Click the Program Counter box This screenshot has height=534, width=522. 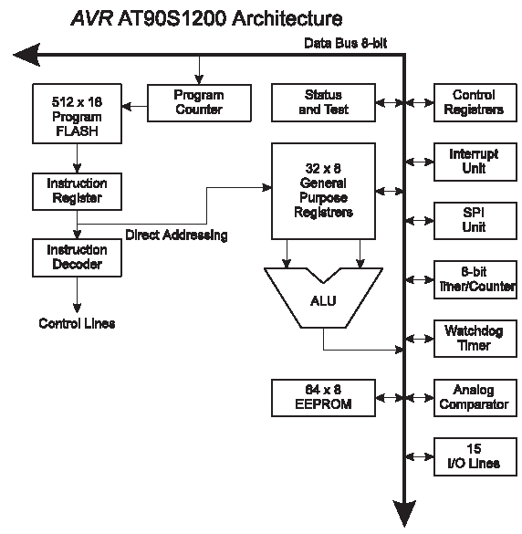(199, 103)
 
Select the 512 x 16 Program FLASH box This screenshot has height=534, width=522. (77, 114)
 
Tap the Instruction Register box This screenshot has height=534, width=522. (77, 192)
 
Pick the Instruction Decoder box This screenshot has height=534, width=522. (77, 257)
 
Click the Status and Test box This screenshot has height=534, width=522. (323, 102)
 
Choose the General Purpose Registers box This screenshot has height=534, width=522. (323, 191)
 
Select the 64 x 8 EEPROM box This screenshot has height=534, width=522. (323, 398)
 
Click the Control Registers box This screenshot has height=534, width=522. (475, 102)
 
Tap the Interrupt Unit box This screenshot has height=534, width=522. (475, 162)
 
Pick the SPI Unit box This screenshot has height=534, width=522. (475, 221)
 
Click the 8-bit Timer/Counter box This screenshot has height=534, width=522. (475, 280)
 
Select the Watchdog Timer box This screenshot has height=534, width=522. (475, 339)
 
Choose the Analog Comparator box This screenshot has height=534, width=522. (475, 398)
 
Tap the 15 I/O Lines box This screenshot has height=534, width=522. (475, 457)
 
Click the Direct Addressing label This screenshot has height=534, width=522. (176, 235)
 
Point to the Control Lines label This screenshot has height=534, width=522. (77, 323)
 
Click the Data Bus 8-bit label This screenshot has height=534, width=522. (345, 43)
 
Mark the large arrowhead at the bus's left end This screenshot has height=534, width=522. (26, 55)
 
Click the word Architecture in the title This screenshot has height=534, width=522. (287, 18)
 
